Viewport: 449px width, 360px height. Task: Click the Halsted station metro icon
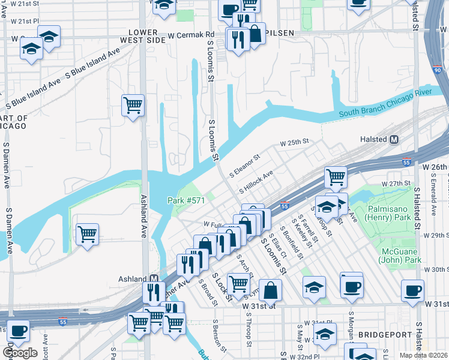click(394, 140)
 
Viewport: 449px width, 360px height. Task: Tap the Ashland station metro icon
click(154, 279)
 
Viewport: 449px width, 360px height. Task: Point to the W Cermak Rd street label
click(191, 34)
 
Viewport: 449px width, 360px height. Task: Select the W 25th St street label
click(294, 143)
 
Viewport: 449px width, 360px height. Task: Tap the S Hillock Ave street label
click(256, 182)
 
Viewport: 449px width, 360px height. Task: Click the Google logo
click(20, 353)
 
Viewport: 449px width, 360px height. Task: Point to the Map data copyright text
click(424, 355)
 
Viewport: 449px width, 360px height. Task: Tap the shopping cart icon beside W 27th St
click(336, 176)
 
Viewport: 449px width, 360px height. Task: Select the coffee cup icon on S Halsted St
click(412, 290)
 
